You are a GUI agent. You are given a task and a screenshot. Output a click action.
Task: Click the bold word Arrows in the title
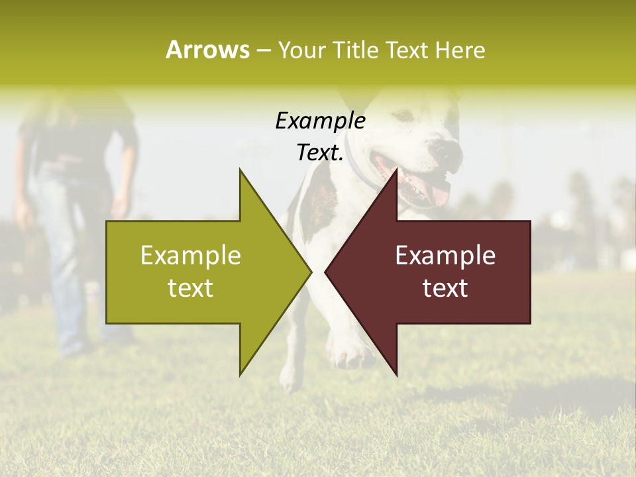[207, 50]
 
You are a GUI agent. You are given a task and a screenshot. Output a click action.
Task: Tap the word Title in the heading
[356, 50]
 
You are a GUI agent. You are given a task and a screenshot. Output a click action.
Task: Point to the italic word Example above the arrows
[320, 121]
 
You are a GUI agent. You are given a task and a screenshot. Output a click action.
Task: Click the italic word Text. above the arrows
[320, 152]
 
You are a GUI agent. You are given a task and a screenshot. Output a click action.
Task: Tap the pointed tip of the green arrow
[309, 271]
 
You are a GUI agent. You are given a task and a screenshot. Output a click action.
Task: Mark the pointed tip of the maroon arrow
[327, 271]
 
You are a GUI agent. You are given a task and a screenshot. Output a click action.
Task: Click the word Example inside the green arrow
[191, 256]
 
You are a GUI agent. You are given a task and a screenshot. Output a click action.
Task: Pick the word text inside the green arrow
[191, 288]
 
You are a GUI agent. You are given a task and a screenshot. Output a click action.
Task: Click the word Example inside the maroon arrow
[445, 256]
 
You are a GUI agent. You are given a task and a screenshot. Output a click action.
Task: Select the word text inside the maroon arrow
[445, 288]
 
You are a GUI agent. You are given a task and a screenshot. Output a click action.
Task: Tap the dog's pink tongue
[437, 193]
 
